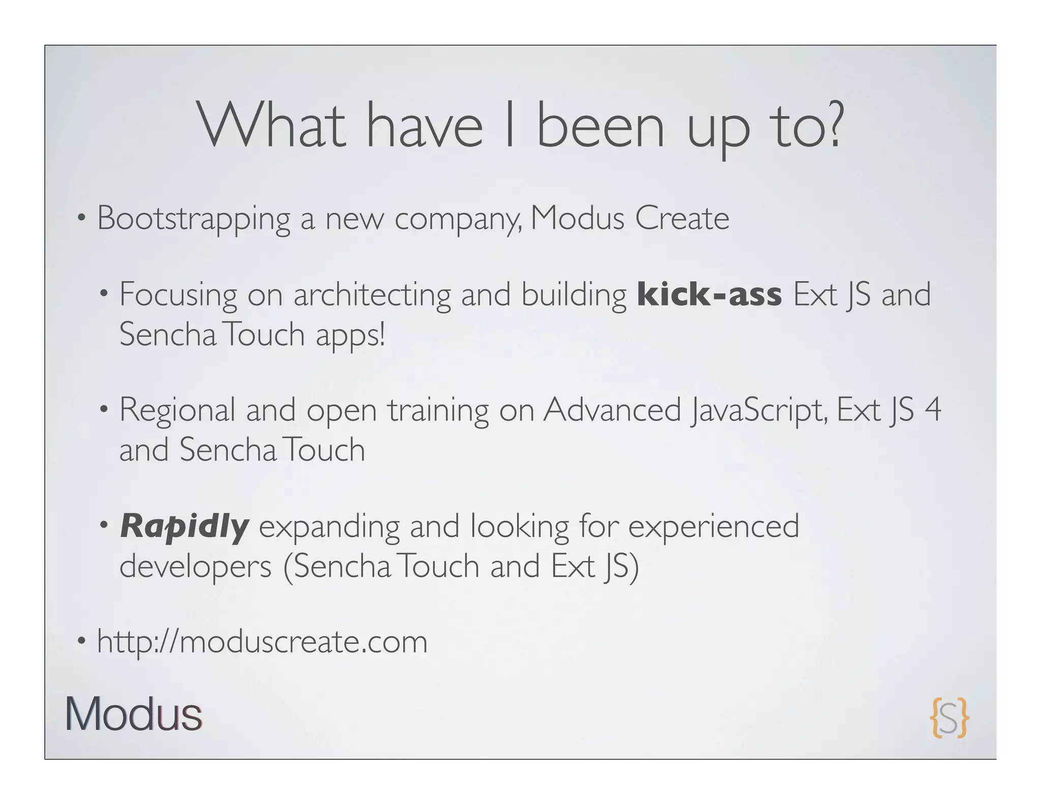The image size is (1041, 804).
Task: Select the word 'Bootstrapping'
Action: (193, 219)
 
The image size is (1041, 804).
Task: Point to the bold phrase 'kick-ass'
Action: (709, 295)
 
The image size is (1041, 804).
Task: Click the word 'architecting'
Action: (372, 295)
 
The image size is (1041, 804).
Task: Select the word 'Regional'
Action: (177, 411)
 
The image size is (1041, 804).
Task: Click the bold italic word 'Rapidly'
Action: (185, 527)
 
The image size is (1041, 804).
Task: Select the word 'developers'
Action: (196, 566)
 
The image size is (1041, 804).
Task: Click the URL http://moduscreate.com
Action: (262, 642)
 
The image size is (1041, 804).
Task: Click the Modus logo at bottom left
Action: (134, 715)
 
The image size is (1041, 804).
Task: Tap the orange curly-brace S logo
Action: (949, 718)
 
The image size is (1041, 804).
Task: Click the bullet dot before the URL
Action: (80, 642)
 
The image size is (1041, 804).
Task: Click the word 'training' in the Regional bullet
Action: (438, 411)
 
